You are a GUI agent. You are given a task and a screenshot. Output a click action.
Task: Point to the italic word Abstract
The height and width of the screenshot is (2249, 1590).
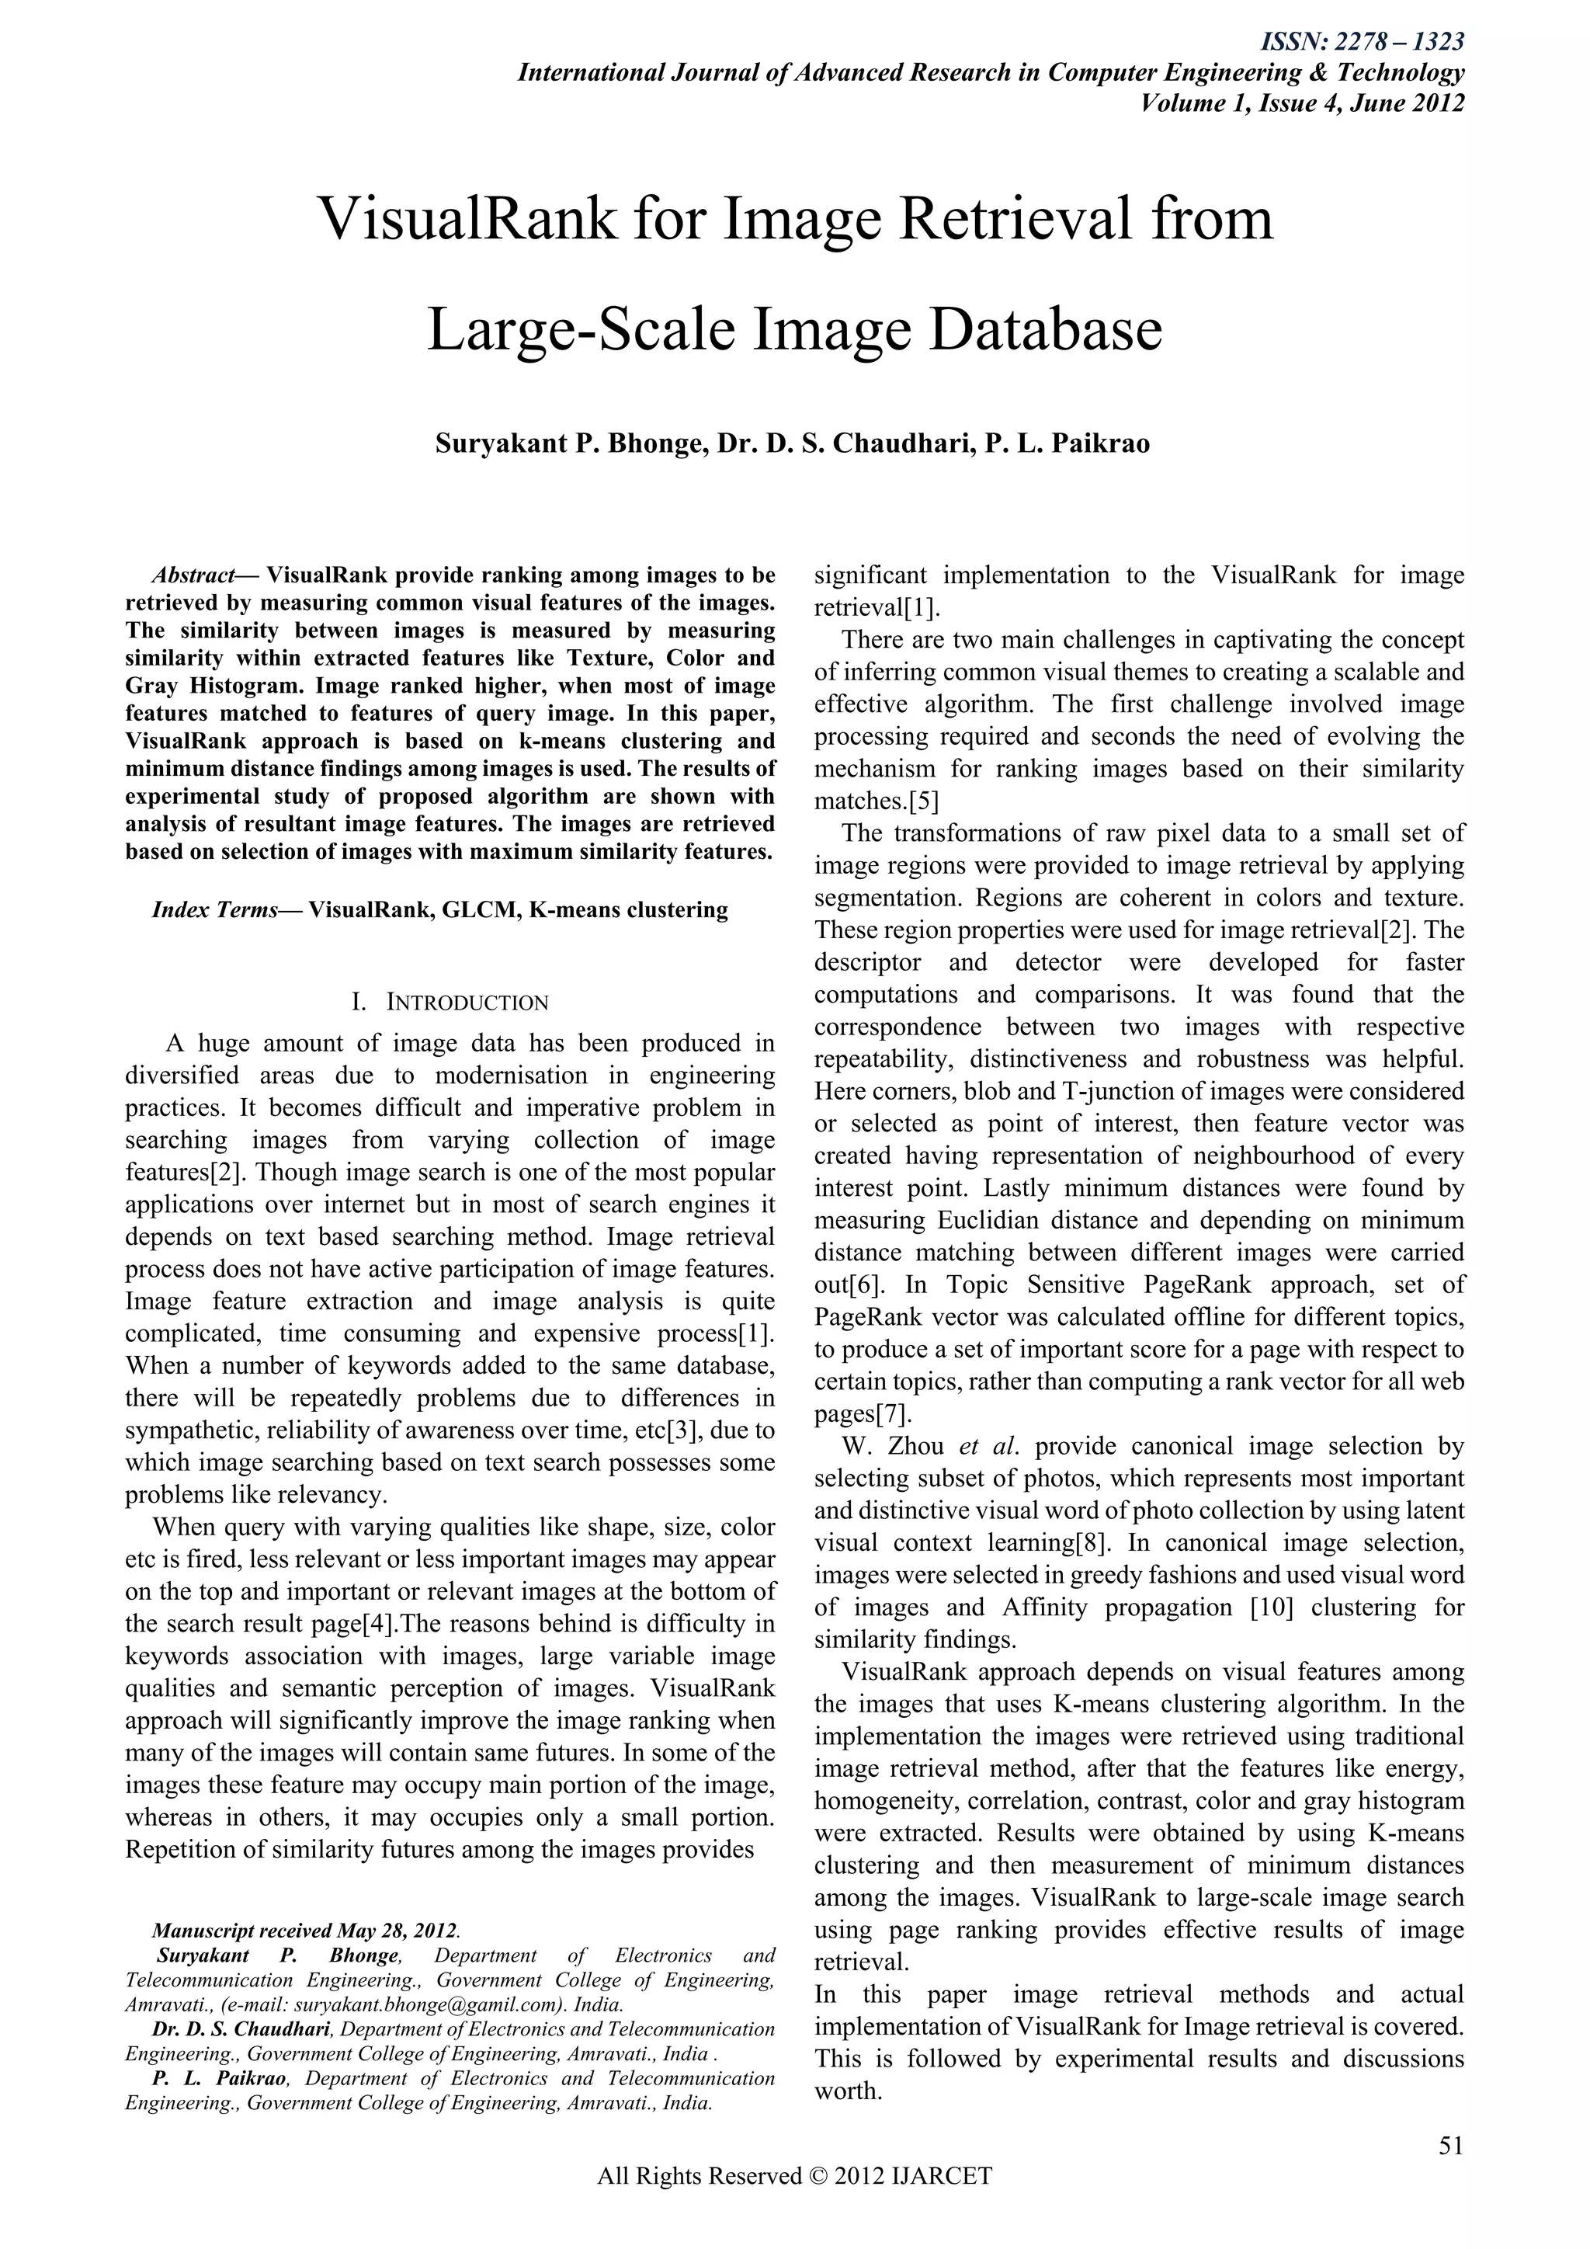pos(193,574)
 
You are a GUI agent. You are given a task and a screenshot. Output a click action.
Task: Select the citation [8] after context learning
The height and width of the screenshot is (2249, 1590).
pos(1091,1543)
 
